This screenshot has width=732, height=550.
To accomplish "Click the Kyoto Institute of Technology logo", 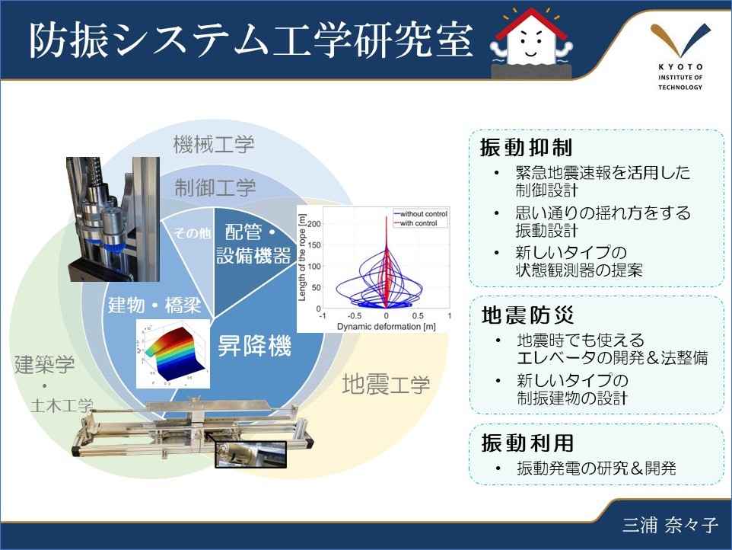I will coord(680,56).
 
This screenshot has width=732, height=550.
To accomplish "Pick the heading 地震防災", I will coord(515,314).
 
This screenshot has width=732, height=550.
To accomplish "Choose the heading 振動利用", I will coord(515,442).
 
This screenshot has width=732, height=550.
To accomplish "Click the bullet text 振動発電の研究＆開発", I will coord(595,468).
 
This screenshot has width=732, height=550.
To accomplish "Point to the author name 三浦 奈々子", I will coord(670,526).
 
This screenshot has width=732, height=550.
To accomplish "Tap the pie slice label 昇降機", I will coord(254,348).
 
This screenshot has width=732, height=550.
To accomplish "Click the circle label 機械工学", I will coord(214,143).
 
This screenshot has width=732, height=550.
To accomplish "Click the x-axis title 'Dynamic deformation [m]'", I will coord(386,327).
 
